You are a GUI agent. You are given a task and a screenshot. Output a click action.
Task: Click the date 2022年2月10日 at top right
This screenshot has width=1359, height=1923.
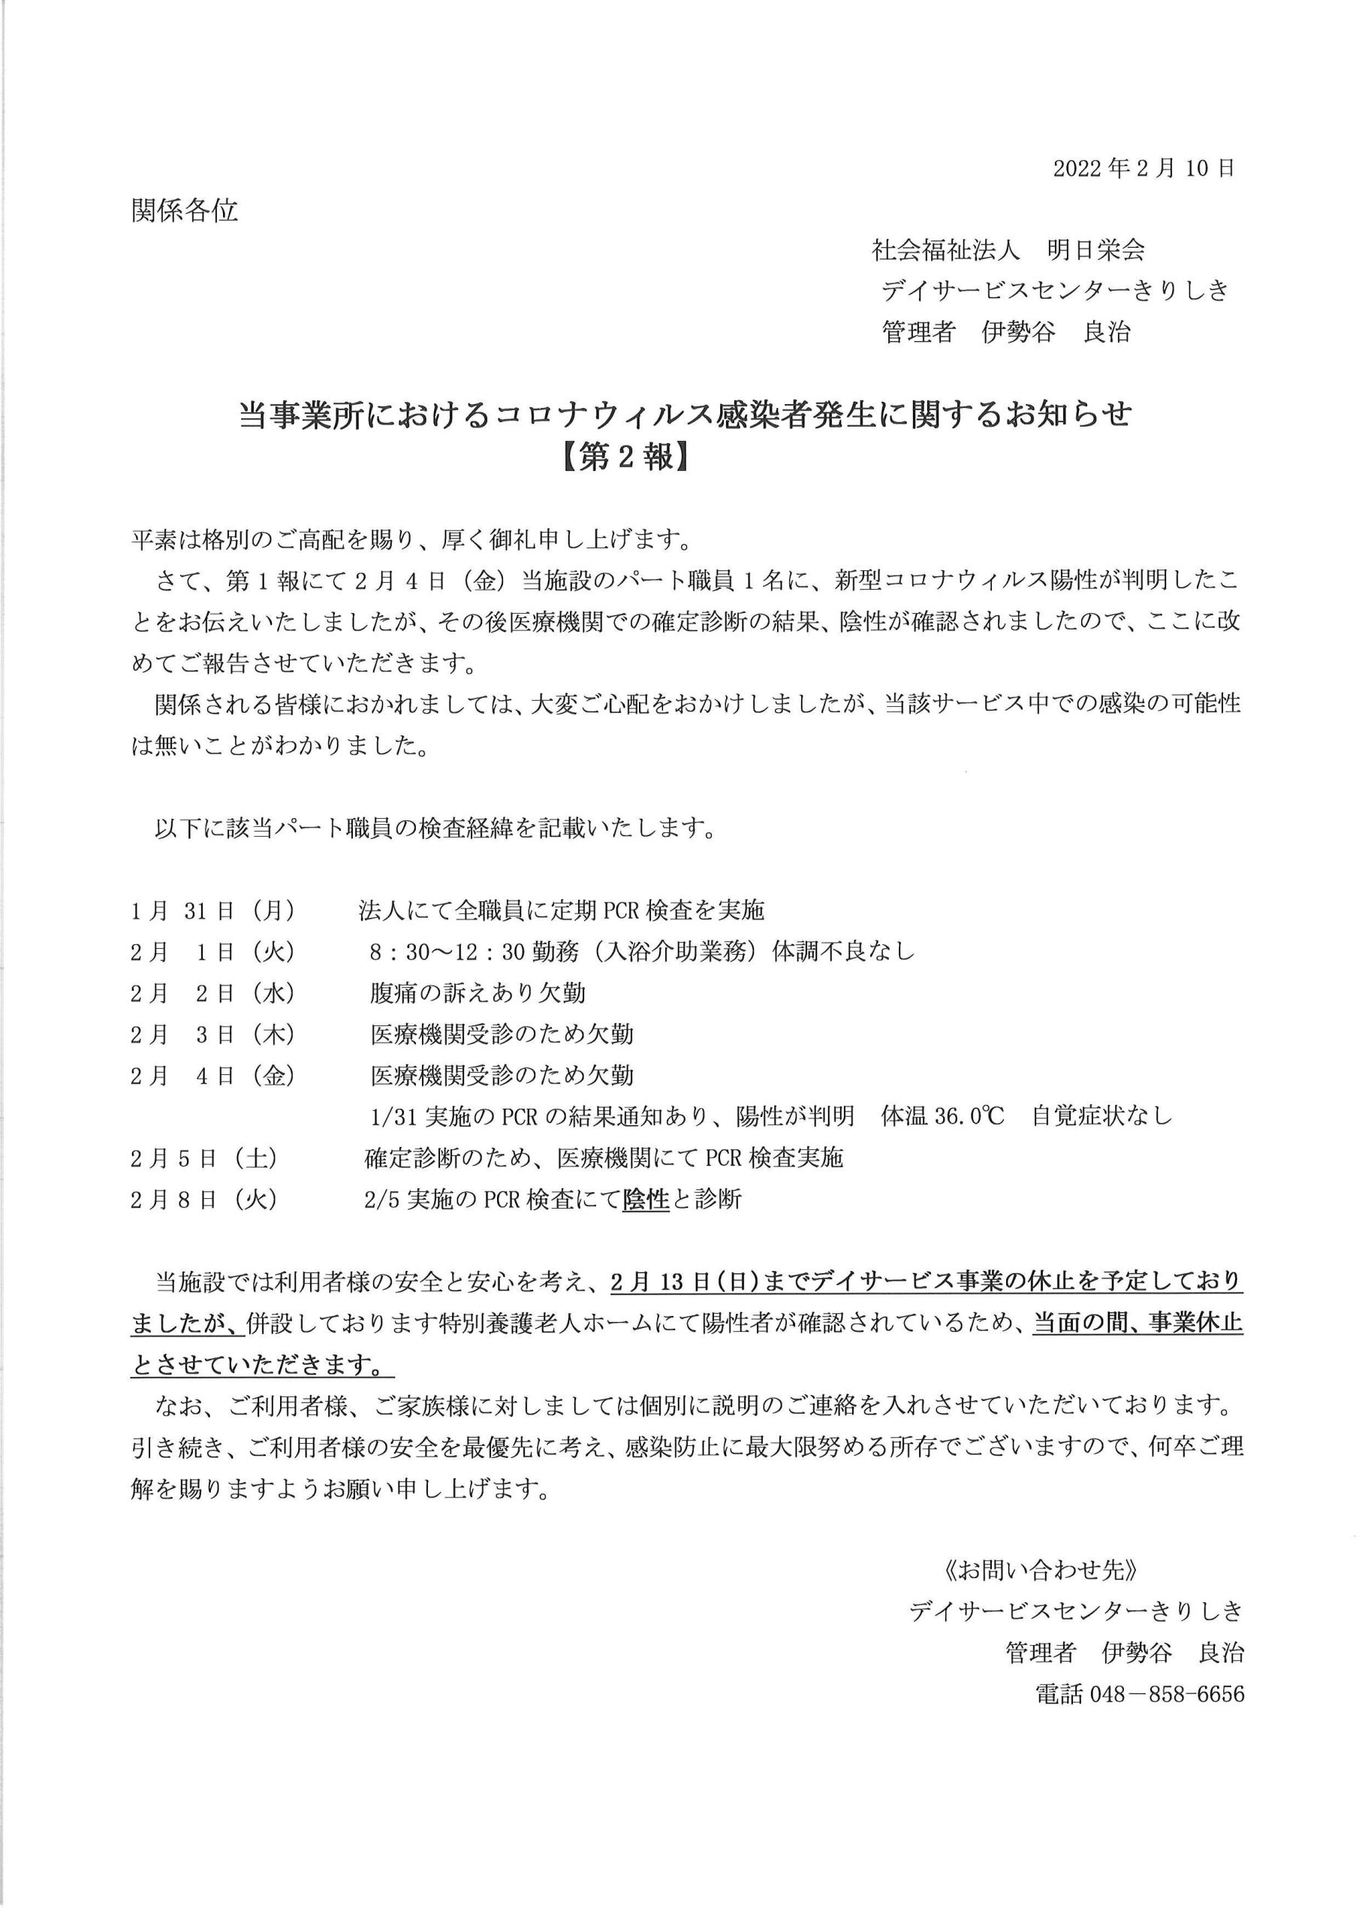pyautogui.click(x=1143, y=168)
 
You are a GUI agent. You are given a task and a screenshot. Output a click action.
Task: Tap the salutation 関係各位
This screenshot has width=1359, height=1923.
pyautogui.click(x=184, y=210)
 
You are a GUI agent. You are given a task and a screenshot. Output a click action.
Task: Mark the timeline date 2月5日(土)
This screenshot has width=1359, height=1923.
pyautogui.click(x=203, y=1158)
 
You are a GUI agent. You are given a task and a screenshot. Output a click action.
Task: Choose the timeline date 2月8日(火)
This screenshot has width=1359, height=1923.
pyautogui.click(x=203, y=1200)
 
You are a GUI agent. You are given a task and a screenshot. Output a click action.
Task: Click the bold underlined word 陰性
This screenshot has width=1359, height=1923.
pyautogui.click(x=646, y=1200)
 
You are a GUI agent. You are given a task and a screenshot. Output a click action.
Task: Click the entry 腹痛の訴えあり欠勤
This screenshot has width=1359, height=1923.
pyautogui.click(x=478, y=993)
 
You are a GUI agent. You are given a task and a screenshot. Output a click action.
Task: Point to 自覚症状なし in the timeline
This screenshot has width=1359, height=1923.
pyautogui.click(x=1102, y=1116)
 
